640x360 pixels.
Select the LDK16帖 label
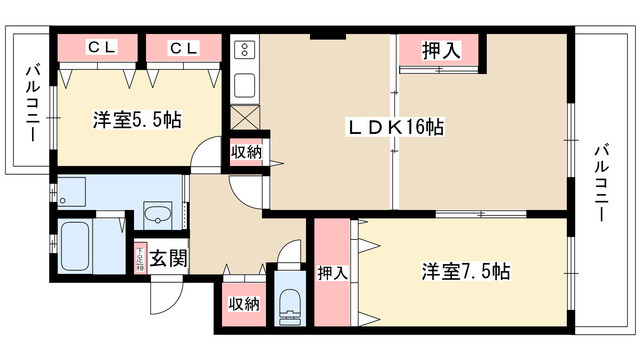(396, 127)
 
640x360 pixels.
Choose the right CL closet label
(182, 48)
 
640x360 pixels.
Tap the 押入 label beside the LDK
(440, 50)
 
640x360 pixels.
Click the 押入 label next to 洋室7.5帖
(332, 272)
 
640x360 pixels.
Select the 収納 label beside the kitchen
(247, 153)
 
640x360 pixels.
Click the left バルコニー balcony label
(32, 101)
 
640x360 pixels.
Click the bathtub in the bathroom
(77, 248)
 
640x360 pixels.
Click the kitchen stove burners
(244, 50)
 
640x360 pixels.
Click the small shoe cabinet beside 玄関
(138, 257)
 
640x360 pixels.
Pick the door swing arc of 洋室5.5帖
(206, 155)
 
